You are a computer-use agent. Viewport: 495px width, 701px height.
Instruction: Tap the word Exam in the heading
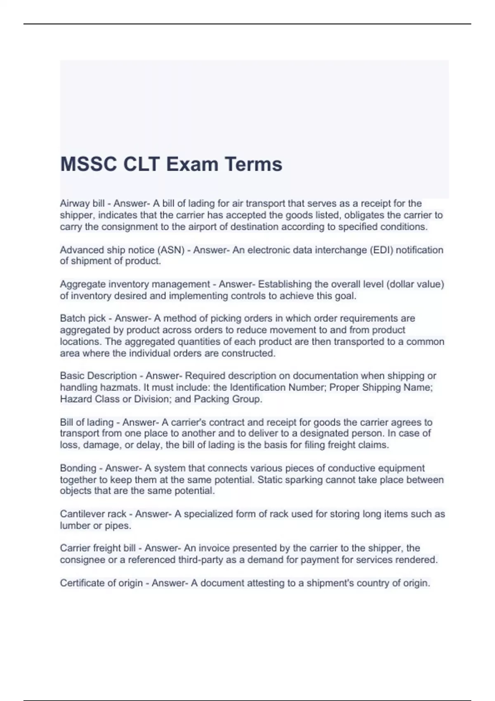192,164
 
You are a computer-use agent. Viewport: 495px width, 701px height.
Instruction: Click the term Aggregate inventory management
135,284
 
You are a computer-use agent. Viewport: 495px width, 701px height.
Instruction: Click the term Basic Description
98,376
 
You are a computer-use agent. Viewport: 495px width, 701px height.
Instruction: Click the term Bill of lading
87,422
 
